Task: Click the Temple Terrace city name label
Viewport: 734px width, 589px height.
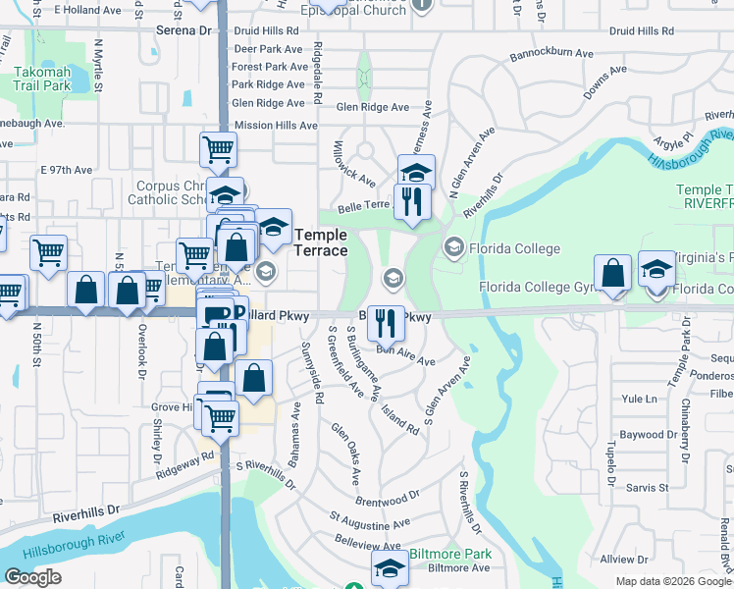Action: point(321,242)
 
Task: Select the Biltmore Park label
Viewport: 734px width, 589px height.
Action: point(450,555)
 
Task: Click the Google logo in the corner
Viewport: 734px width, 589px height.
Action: point(32,577)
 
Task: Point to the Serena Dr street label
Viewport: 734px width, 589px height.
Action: point(184,30)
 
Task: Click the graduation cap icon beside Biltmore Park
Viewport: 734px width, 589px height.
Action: point(389,567)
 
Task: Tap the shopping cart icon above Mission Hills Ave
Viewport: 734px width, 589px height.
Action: point(218,150)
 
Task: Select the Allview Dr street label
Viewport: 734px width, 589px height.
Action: point(618,559)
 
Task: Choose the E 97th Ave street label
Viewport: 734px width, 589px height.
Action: point(66,170)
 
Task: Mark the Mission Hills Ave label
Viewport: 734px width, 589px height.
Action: point(276,126)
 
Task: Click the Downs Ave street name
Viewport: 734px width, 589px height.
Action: point(603,85)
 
